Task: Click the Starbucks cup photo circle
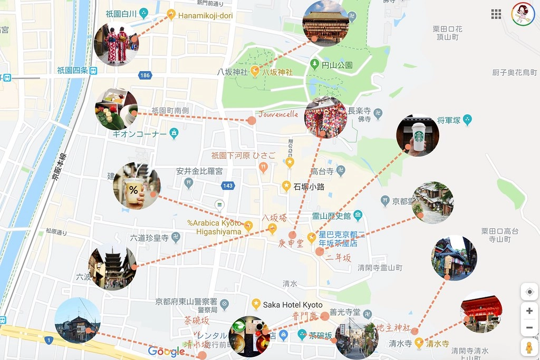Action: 418,135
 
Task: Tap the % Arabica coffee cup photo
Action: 136,186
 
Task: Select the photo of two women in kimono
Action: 116,44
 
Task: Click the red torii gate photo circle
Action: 481,312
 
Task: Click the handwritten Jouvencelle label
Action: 278,114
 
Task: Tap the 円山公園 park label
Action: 337,65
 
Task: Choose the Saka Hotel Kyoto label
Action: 292,305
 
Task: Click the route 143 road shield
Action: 228,186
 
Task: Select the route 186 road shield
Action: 145,75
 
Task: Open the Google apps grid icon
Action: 496,14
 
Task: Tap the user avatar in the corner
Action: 523,14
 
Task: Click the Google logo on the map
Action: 167,352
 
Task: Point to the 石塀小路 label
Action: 309,186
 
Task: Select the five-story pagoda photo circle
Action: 112,267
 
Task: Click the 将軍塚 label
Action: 449,120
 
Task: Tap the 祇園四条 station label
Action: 72,70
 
